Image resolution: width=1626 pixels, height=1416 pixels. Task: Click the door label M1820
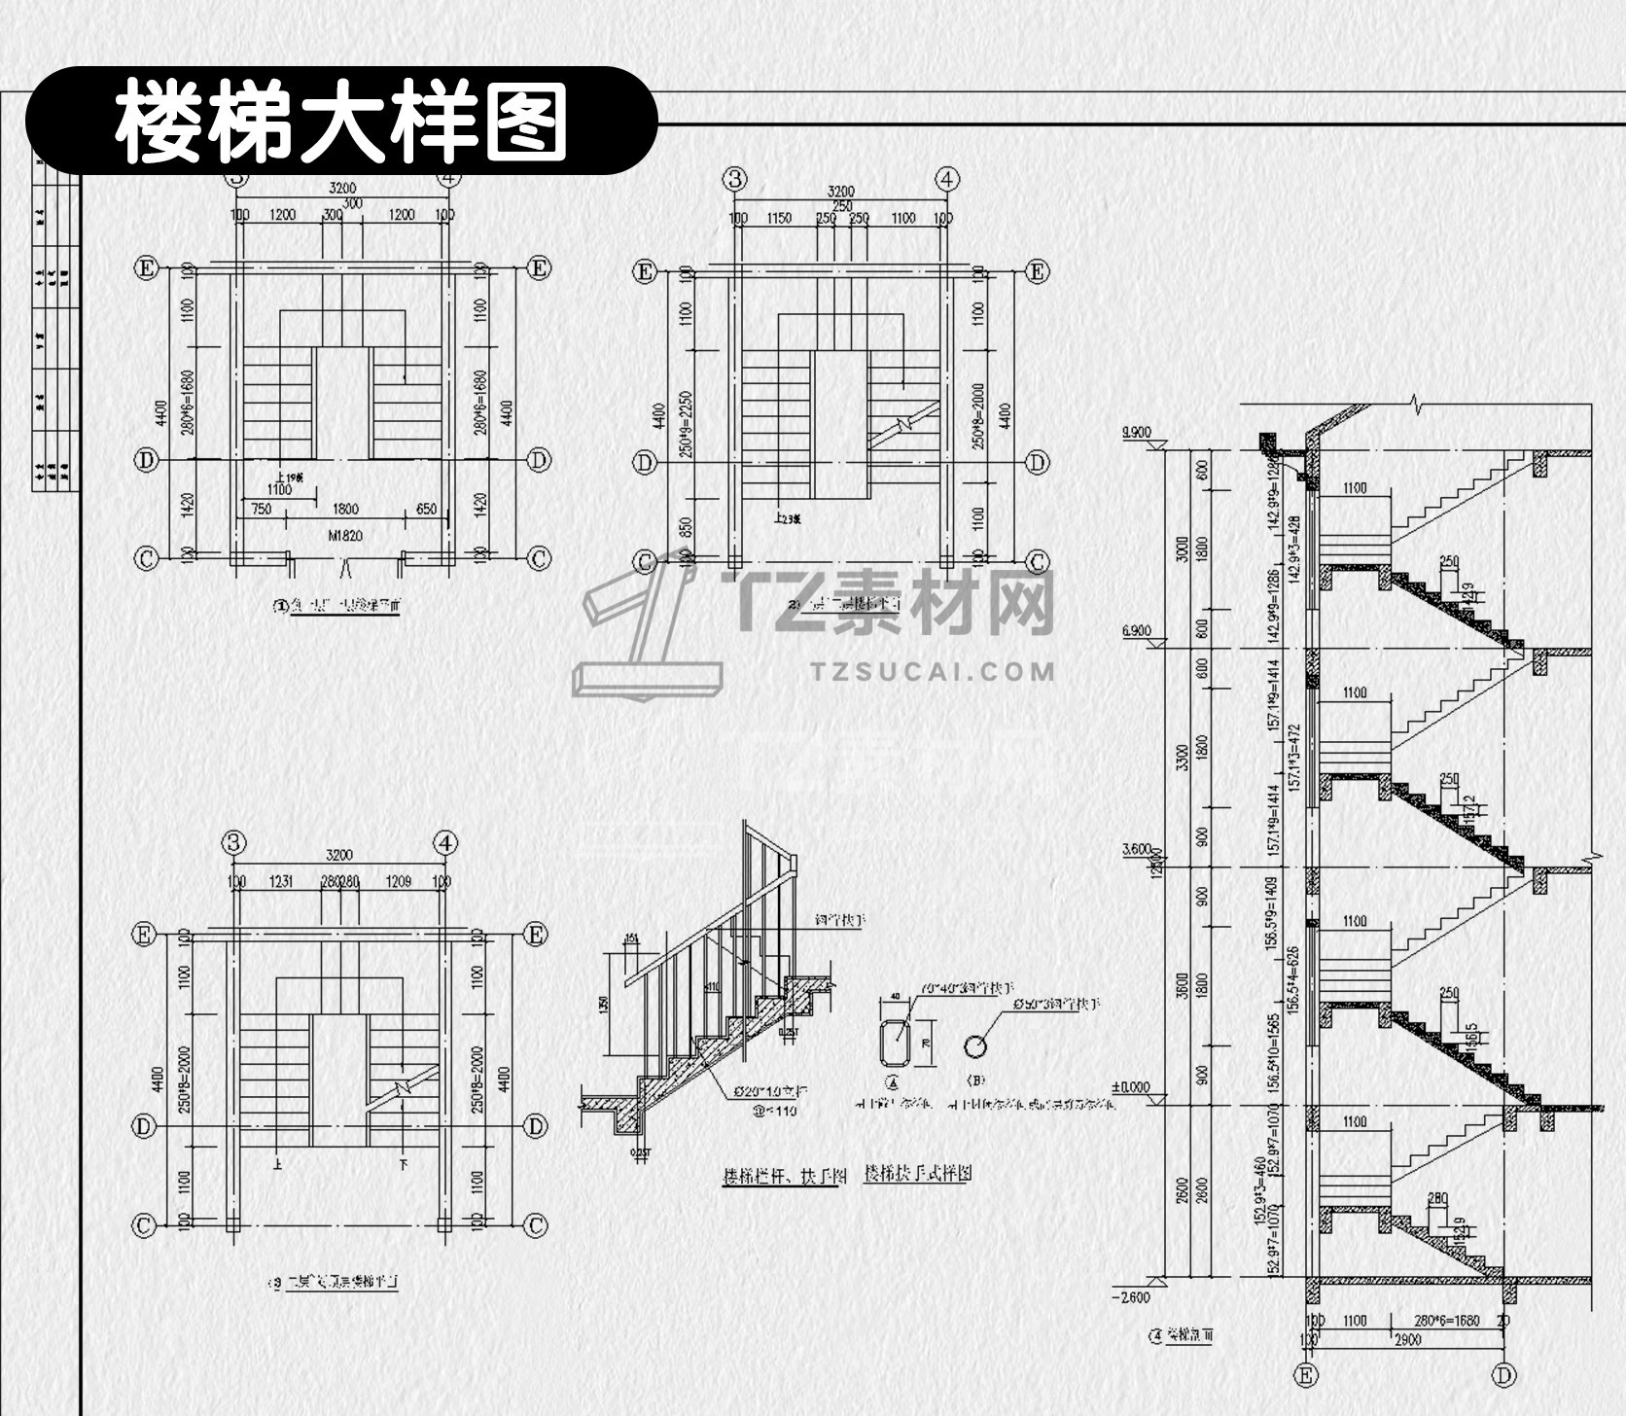(345, 535)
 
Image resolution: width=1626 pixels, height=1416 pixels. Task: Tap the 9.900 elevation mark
(1136, 431)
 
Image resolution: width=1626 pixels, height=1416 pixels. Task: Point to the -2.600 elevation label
(1130, 1297)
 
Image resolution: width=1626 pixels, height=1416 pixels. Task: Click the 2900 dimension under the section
(1408, 1339)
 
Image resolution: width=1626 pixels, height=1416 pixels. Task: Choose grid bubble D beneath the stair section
(1504, 1375)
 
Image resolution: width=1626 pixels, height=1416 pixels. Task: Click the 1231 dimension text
(280, 882)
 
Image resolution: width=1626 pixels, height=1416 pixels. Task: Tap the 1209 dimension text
(399, 882)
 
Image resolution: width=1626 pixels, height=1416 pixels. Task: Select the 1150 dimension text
(779, 218)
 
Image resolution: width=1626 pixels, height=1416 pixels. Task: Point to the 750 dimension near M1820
(261, 509)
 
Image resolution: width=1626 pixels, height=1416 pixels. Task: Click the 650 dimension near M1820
(426, 509)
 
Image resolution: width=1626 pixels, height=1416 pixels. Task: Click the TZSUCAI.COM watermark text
(932, 671)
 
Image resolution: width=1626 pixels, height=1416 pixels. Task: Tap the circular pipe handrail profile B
(973, 1046)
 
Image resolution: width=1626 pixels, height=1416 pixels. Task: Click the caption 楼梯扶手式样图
(917, 1173)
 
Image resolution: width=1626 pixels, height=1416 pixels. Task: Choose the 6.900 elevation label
(1136, 631)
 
